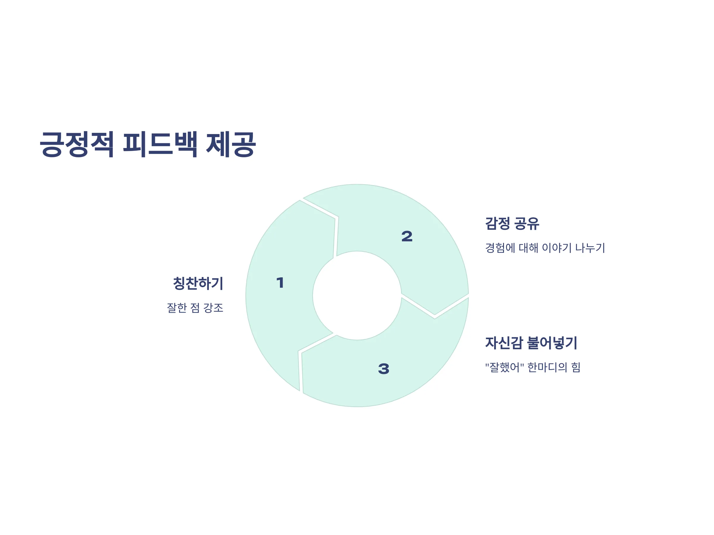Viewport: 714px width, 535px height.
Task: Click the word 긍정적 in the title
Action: click(76, 144)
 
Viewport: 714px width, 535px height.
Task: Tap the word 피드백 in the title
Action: click(160, 144)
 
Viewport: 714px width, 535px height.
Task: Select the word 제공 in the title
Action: click(231, 144)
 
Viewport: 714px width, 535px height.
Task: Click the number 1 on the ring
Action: click(280, 283)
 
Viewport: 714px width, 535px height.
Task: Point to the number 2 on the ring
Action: click(407, 236)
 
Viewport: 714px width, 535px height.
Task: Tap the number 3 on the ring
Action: click(383, 369)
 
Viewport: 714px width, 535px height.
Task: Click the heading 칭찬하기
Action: click(198, 284)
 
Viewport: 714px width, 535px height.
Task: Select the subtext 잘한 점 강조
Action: click(195, 308)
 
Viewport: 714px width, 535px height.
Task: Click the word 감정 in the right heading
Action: click(497, 224)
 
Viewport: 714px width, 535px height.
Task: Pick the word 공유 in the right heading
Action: click(527, 224)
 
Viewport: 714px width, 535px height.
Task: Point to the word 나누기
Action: click(590, 248)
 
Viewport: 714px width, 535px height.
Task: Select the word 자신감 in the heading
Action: click(504, 343)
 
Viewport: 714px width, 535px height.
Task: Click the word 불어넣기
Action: click(552, 343)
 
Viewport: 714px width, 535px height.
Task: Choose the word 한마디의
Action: click(547, 367)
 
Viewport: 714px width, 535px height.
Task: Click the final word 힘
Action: click(576, 367)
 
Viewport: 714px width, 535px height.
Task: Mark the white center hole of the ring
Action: click(357, 295)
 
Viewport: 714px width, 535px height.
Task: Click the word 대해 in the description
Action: click(528, 248)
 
